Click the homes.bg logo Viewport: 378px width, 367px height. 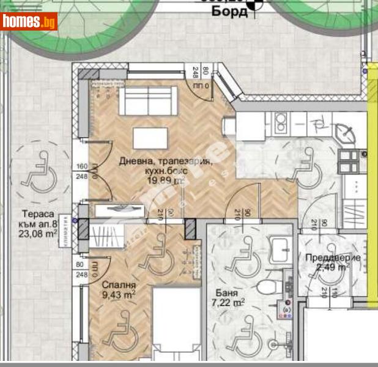click(29, 22)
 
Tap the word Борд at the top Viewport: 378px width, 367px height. click(229, 12)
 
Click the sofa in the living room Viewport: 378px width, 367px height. click(147, 98)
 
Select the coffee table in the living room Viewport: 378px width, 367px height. click(150, 137)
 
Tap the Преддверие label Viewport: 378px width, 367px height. click(332, 258)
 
